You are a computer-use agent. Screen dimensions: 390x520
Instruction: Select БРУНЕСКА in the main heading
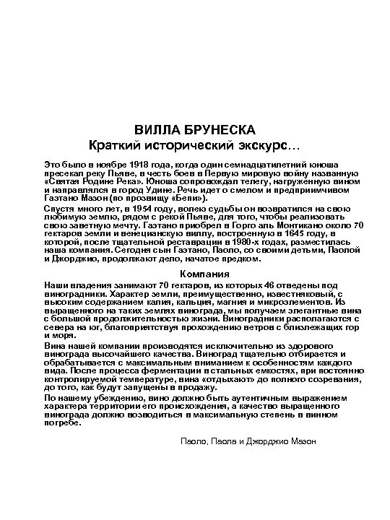pyautogui.click(x=221, y=129)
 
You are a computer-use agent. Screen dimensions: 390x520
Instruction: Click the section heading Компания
pyautogui.click(x=194, y=274)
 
